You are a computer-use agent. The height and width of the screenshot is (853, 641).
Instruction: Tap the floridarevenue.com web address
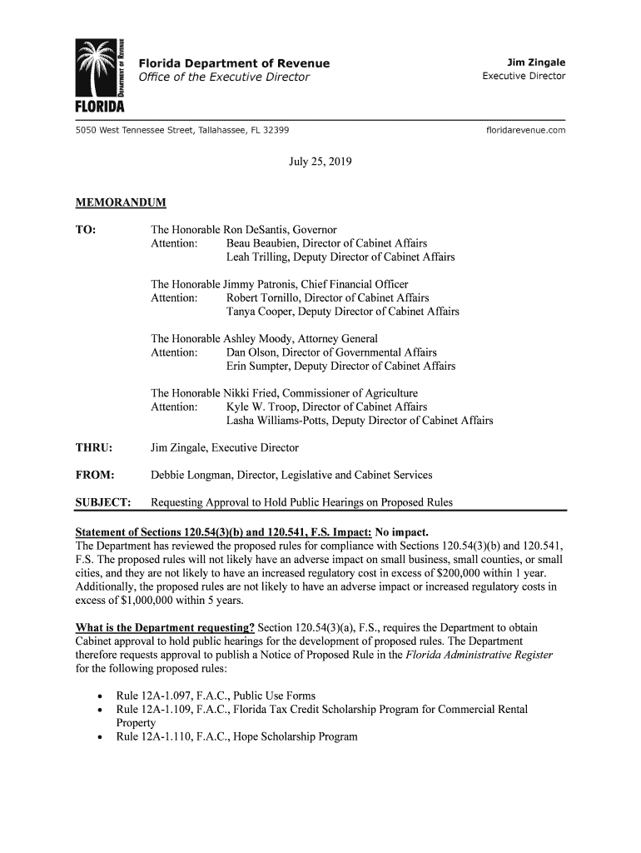524,131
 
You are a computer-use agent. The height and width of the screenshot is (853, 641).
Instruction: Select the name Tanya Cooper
261,312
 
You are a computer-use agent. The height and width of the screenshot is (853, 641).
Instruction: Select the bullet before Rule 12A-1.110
100,737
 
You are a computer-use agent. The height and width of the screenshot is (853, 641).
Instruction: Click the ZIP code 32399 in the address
275,131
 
